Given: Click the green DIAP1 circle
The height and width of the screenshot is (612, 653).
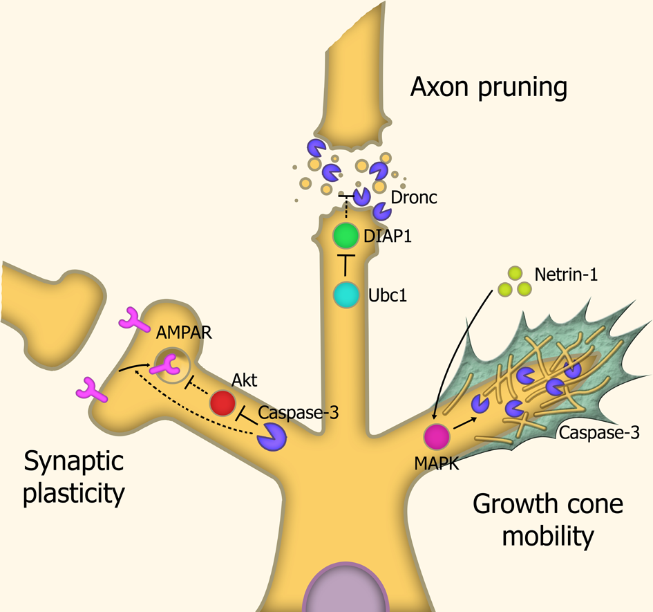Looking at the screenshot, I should (x=345, y=236).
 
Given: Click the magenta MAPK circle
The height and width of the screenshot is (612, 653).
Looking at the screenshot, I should (x=437, y=437).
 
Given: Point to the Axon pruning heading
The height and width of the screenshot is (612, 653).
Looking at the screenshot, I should (x=489, y=89).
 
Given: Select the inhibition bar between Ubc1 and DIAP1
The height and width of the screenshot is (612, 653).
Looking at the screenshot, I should (x=345, y=266).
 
